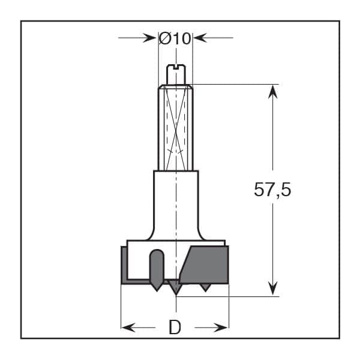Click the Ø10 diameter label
pos(175,38)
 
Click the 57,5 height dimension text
pos(272,190)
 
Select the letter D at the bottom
pos(175,328)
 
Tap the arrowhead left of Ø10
pos(149,38)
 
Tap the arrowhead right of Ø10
pos(200,38)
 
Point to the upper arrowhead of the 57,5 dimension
pos(273,92)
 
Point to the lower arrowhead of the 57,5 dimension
pos(273,288)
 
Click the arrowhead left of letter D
pos(128,328)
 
